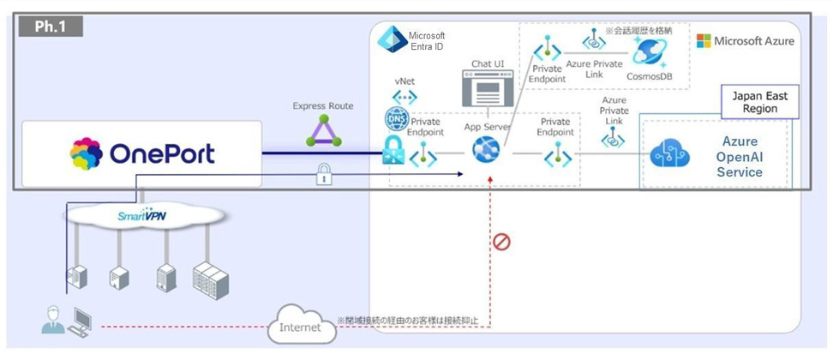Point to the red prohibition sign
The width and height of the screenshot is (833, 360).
501,242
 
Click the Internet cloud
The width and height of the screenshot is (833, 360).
300,327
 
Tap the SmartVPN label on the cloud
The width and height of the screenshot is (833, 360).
141,216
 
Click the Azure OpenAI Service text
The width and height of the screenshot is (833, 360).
740,155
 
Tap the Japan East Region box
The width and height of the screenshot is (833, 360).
755,102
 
